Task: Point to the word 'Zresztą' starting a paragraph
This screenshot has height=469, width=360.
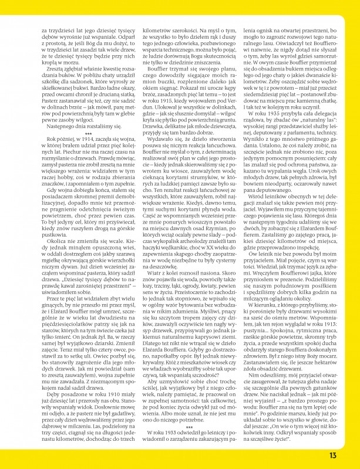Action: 53,69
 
